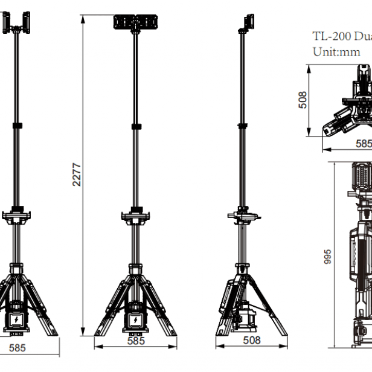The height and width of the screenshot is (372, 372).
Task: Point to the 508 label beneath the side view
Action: pyautogui.click(x=252, y=341)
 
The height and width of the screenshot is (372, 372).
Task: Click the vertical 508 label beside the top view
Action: pyautogui.click(x=303, y=100)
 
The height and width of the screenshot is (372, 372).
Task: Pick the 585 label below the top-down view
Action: pyautogui.click(x=364, y=144)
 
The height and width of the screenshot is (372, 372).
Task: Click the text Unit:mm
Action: pyautogui.click(x=336, y=52)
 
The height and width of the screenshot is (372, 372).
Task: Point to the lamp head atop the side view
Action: pyautogui.click(x=247, y=22)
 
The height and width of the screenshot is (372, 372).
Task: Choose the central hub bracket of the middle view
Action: pyautogui.click(x=135, y=216)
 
